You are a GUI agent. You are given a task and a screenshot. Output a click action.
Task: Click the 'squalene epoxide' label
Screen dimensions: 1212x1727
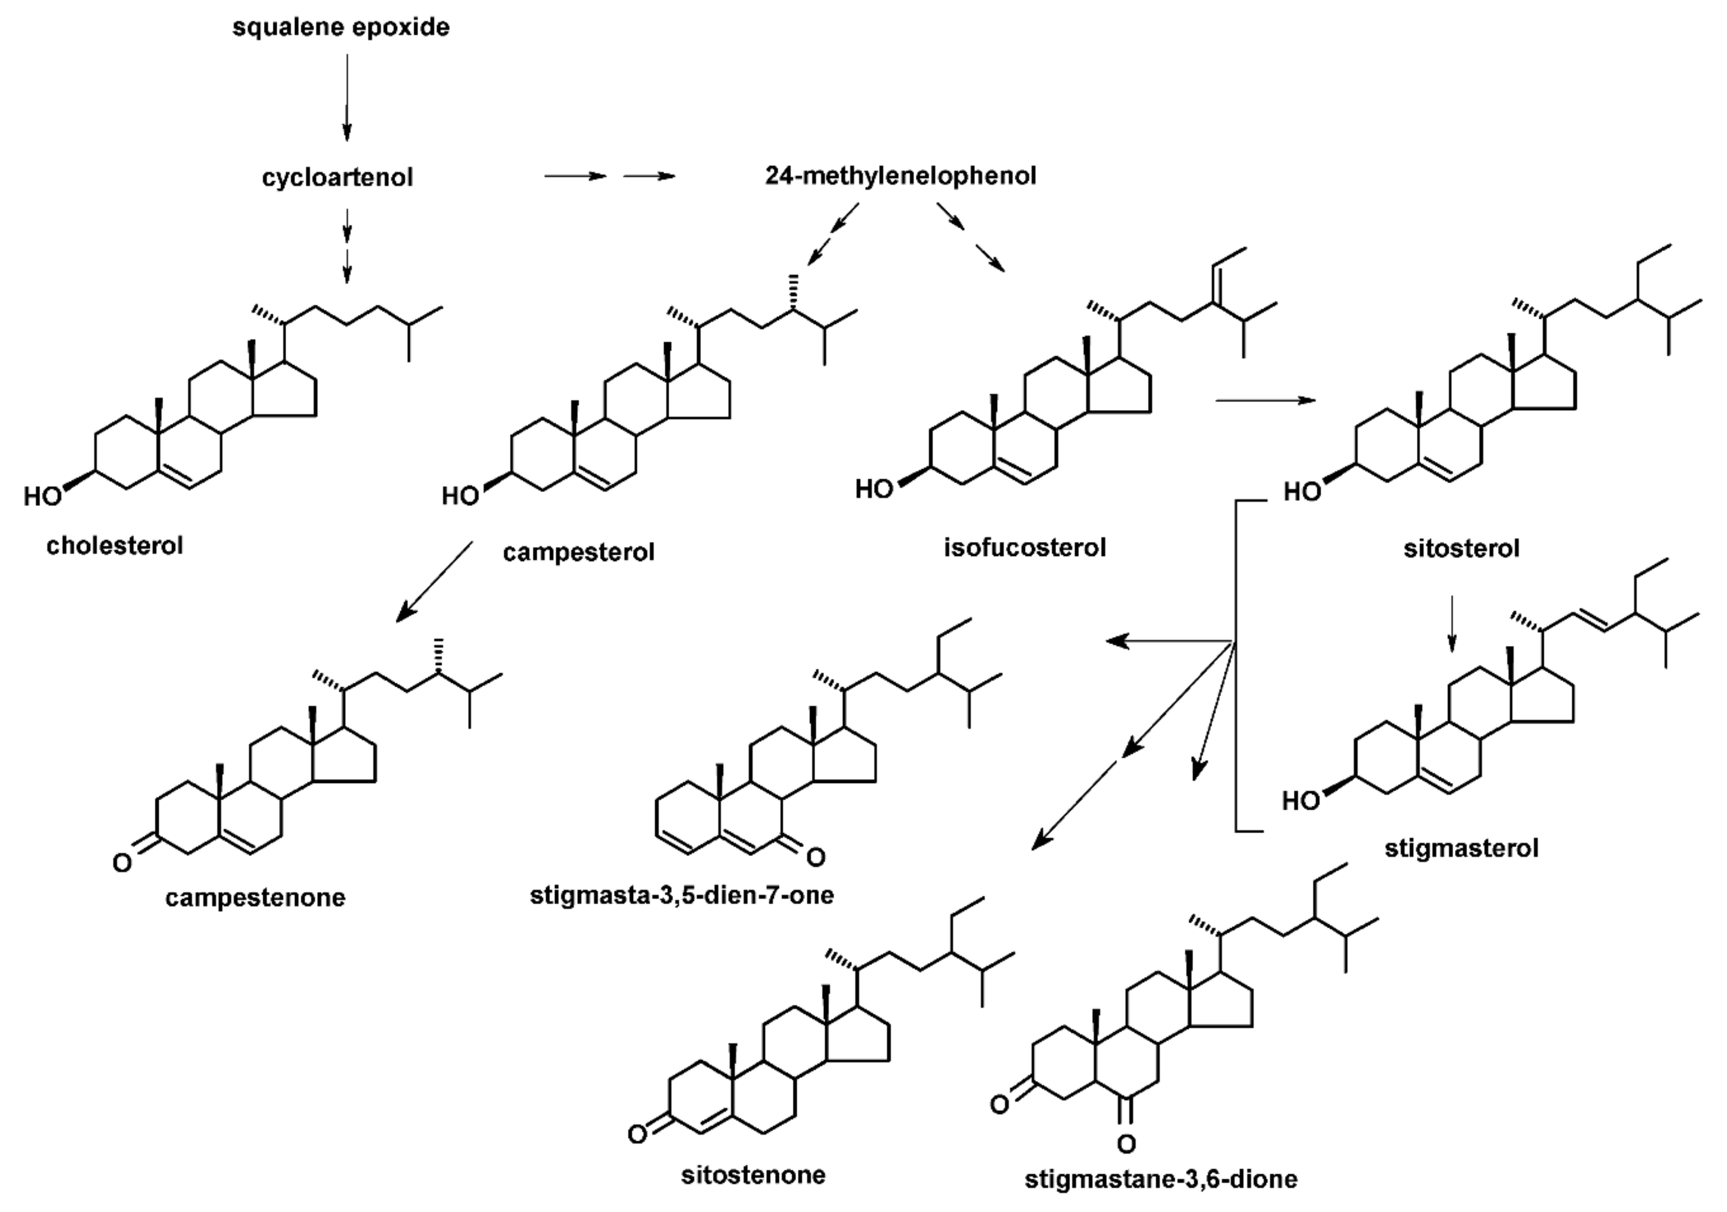341,28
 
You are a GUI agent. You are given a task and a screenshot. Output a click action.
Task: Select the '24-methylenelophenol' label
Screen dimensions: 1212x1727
900,176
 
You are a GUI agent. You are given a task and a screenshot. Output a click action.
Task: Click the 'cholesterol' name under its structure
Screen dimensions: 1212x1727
114,546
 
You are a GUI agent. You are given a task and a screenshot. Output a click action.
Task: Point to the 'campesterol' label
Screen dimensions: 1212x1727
578,553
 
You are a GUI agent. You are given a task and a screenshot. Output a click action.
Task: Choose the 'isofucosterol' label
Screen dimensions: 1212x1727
1024,548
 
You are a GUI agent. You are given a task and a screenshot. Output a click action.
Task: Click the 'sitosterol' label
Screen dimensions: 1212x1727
1461,549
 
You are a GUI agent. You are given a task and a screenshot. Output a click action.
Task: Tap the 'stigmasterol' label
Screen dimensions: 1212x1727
1461,849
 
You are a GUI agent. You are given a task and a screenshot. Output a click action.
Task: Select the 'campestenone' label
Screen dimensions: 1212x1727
255,898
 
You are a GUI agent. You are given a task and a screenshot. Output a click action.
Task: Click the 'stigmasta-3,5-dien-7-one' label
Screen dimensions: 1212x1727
681,895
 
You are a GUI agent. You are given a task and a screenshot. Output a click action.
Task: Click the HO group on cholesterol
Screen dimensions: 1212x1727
41,497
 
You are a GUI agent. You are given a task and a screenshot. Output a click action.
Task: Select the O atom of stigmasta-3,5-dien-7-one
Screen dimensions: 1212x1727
816,856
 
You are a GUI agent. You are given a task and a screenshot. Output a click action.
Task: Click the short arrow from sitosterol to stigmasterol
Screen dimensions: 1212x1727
1452,623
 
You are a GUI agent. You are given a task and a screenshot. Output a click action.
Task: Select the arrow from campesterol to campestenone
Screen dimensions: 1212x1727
435,581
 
